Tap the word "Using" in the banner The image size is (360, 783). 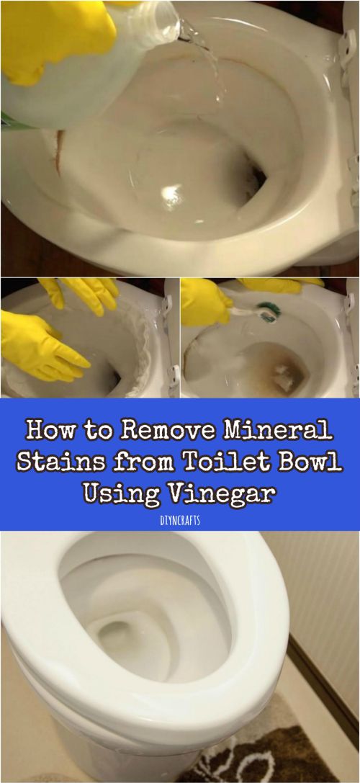tap(122, 494)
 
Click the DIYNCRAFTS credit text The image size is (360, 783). tap(180, 520)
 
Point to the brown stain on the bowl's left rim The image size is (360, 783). tap(59, 152)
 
